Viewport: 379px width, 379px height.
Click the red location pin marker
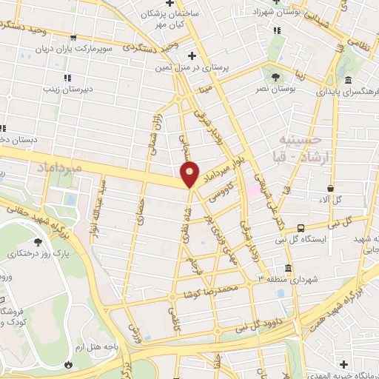190,174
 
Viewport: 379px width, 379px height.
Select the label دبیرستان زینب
66,89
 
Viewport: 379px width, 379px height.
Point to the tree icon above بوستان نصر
277,77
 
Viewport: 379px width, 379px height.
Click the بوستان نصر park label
276,89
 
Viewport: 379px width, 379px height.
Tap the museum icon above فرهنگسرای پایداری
346,81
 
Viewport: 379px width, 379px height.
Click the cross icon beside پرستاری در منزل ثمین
192,56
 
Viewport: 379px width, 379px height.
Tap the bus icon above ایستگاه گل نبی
301,229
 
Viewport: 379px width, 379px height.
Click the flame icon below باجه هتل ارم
69,365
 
